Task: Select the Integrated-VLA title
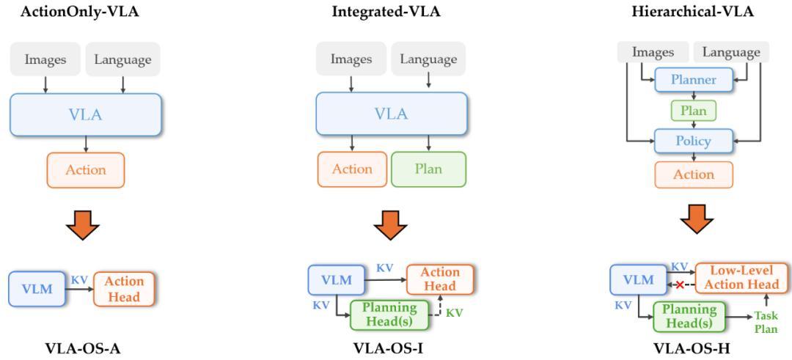pyautogui.click(x=386, y=12)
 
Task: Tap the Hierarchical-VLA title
pyautogui.click(x=692, y=12)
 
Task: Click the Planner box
pyautogui.click(x=693, y=80)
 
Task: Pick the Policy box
pyautogui.click(x=693, y=140)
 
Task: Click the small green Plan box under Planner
pyautogui.click(x=693, y=111)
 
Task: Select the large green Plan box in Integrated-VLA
pyautogui.click(x=428, y=169)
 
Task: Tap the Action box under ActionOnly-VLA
pyautogui.click(x=86, y=170)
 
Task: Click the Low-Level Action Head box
pyautogui.click(x=742, y=278)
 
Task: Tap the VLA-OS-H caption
pyautogui.click(x=692, y=348)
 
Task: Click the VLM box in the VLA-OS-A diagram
pyautogui.click(x=37, y=288)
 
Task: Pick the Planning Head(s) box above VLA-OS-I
pyautogui.click(x=389, y=315)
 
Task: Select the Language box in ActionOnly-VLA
pyautogui.click(x=122, y=59)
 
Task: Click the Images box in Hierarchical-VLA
pyautogui.click(x=653, y=52)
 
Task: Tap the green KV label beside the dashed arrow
pyautogui.click(x=455, y=313)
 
